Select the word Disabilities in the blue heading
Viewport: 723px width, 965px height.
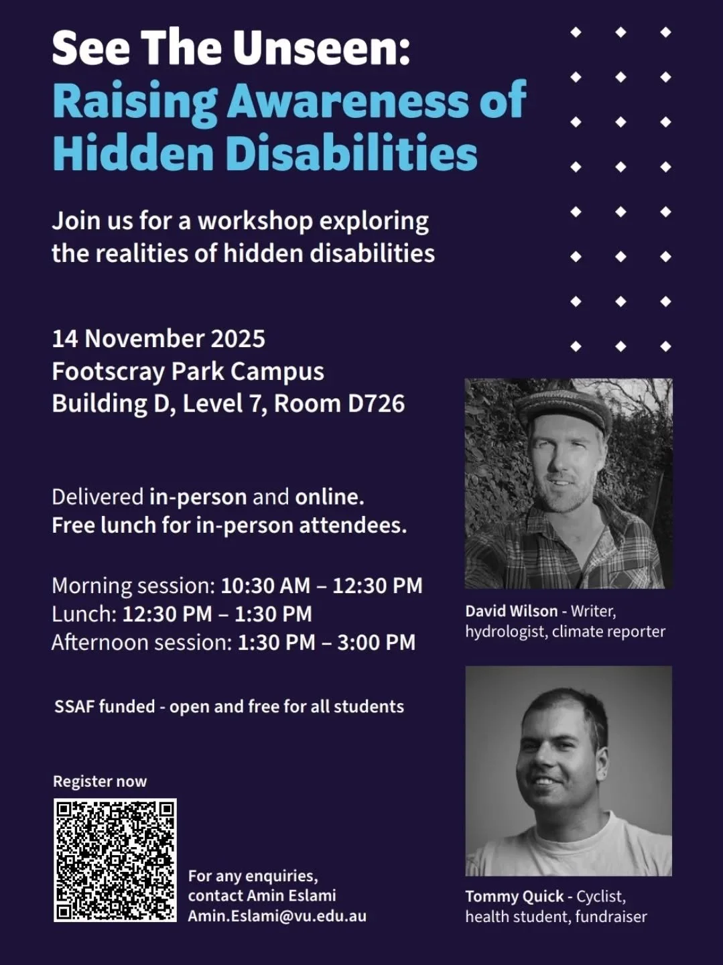point(351,153)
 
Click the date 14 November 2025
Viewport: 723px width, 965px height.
point(158,338)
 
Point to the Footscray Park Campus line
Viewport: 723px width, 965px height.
point(188,371)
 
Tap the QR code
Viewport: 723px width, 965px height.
point(115,860)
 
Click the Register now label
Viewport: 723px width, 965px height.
point(100,781)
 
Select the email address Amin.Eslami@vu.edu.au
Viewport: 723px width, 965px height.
point(277,916)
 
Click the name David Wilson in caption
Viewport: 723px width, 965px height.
point(511,611)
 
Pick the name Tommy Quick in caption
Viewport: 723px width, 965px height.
point(515,897)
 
